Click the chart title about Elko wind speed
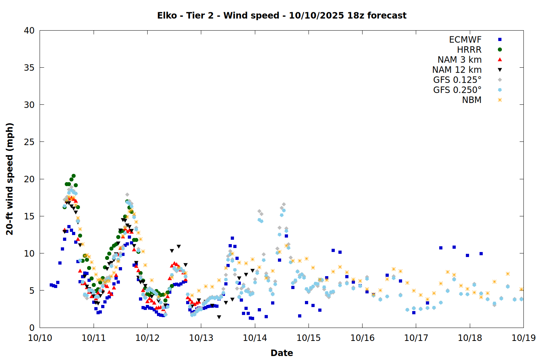point(282,15)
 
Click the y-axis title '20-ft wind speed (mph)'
point(10,179)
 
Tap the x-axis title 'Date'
point(282,353)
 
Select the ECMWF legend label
point(465,40)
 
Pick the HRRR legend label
point(469,50)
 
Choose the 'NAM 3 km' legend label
point(459,60)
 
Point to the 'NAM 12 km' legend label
point(457,70)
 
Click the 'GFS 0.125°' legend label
point(457,80)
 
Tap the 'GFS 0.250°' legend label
point(457,90)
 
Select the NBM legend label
point(472,100)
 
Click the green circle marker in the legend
point(500,50)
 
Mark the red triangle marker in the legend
point(500,60)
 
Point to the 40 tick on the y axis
point(29,31)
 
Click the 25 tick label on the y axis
point(29,142)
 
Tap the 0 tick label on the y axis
point(32,328)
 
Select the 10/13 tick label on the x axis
point(201,338)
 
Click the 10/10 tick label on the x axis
point(40,338)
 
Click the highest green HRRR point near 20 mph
point(73,176)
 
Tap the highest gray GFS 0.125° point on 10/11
point(127,194)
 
